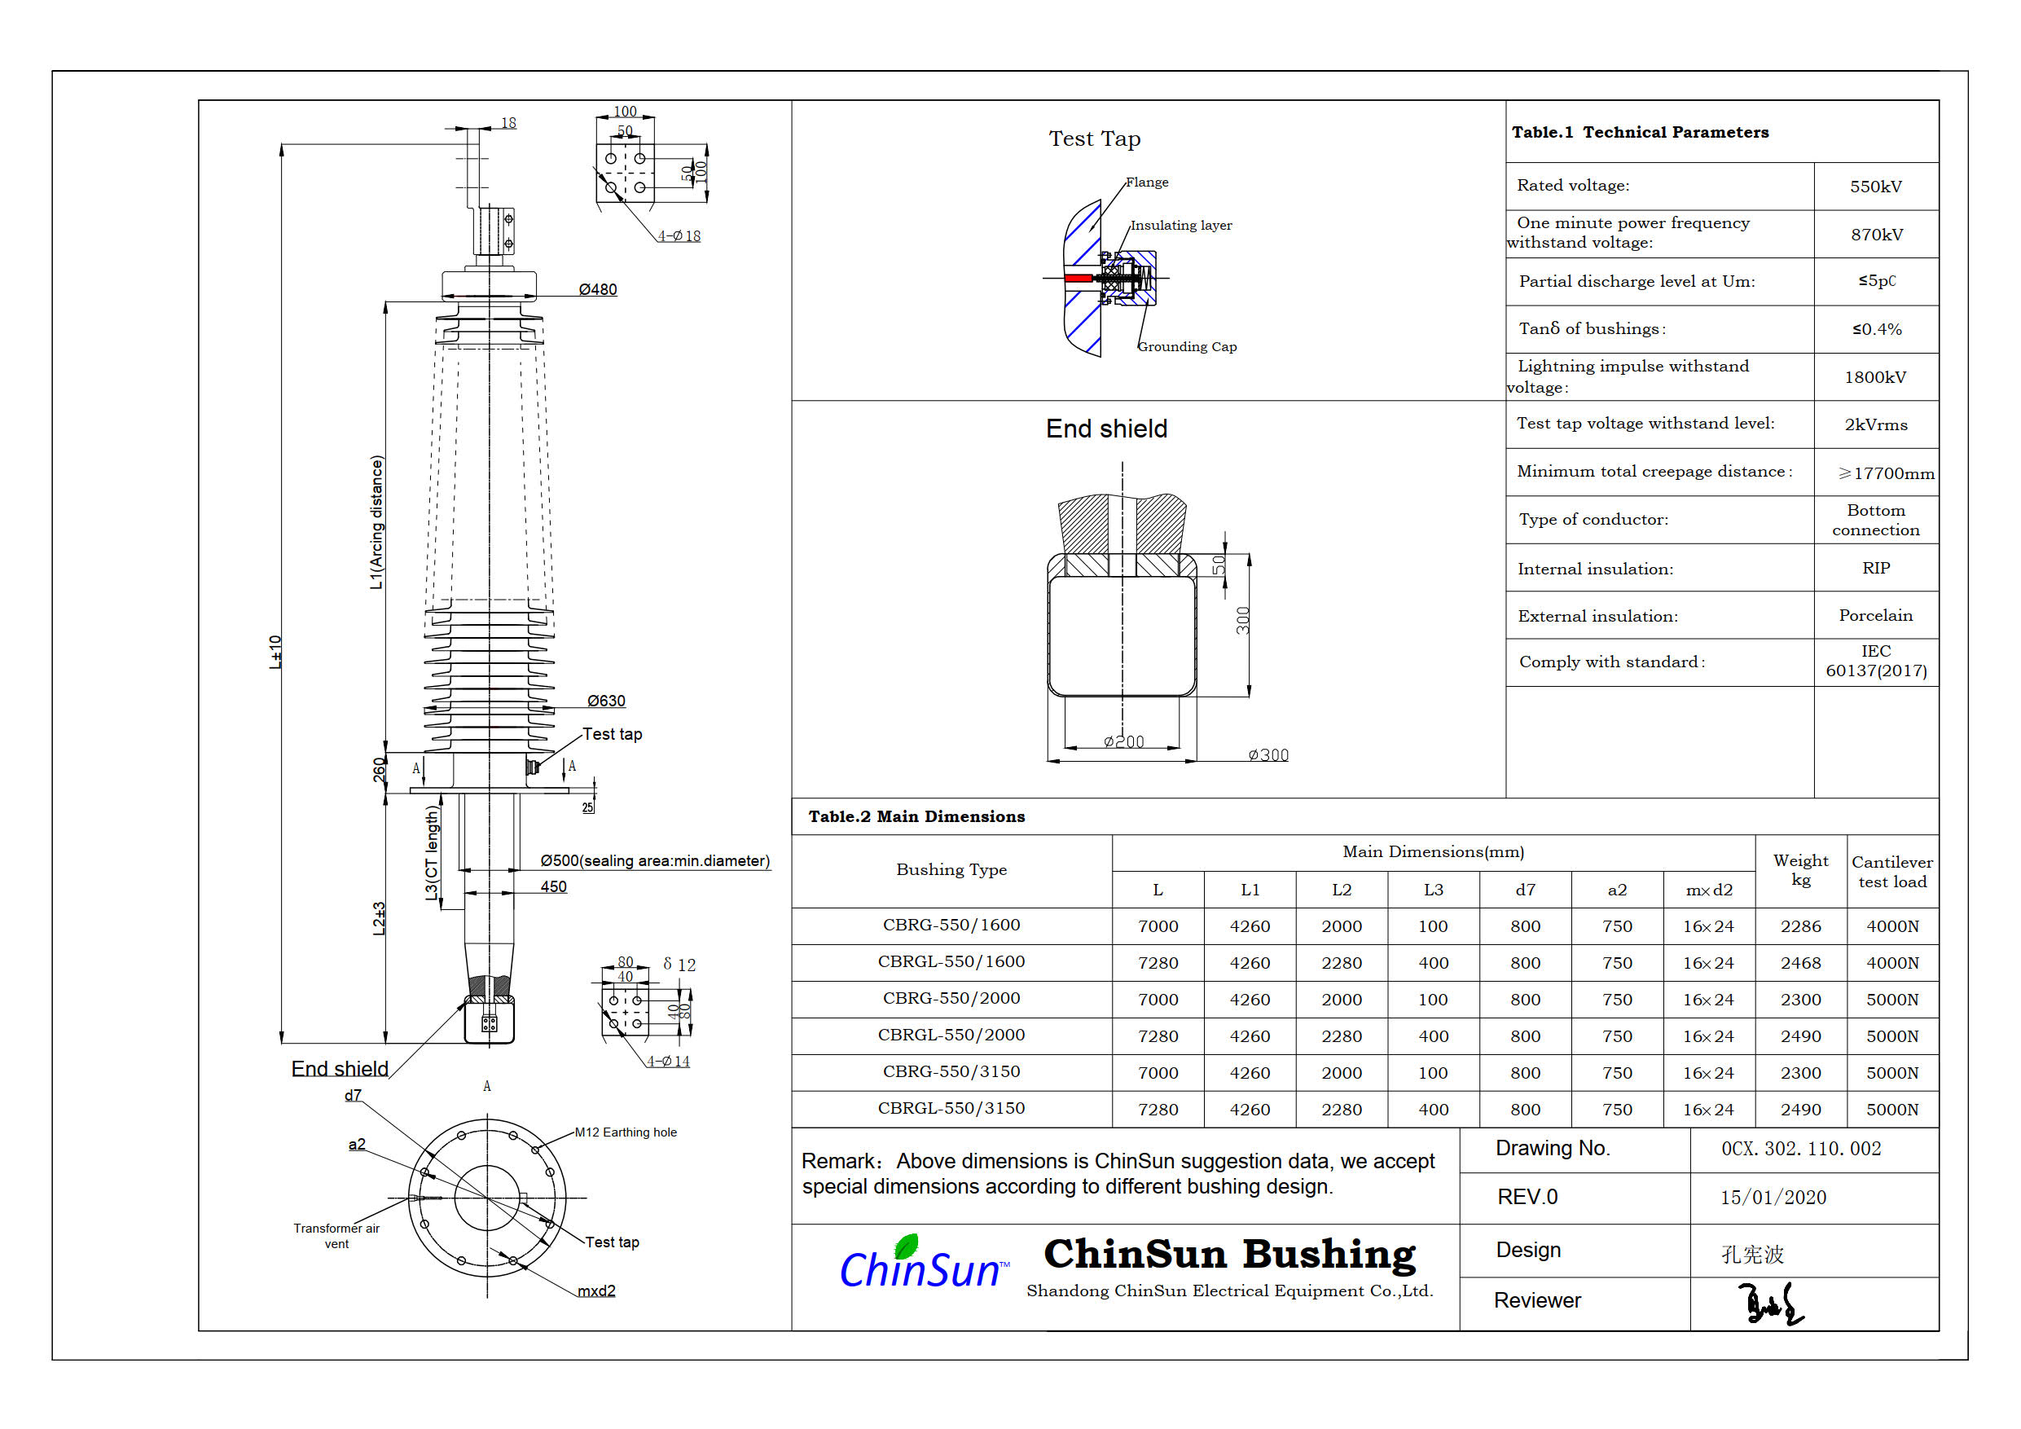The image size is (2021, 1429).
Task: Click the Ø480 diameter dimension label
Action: (597, 290)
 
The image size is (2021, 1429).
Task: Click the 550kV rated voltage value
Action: (1875, 187)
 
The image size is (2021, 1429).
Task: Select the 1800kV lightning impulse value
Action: (1875, 378)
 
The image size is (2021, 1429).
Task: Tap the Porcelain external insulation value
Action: (1875, 615)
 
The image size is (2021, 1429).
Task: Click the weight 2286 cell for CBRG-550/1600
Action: (1800, 926)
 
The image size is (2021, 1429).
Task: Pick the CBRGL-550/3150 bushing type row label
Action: (951, 1109)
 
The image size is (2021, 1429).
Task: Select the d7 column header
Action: (1525, 890)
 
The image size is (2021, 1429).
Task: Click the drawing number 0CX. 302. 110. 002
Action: (1800, 1149)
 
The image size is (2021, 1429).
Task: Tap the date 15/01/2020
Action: (1773, 1198)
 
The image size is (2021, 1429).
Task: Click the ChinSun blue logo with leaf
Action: (920, 1264)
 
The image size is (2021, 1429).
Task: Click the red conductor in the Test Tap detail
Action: (1078, 279)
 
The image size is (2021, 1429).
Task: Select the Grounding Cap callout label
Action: (1187, 347)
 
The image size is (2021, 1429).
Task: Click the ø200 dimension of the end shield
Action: (1124, 742)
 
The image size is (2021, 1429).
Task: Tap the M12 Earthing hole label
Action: (625, 1132)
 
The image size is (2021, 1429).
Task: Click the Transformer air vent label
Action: (336, 1236)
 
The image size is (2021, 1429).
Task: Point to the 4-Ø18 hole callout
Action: (679, 236)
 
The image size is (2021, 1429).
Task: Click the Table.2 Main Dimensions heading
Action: (916, 817)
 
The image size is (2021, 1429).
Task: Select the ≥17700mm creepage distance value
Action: (1886, 473)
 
